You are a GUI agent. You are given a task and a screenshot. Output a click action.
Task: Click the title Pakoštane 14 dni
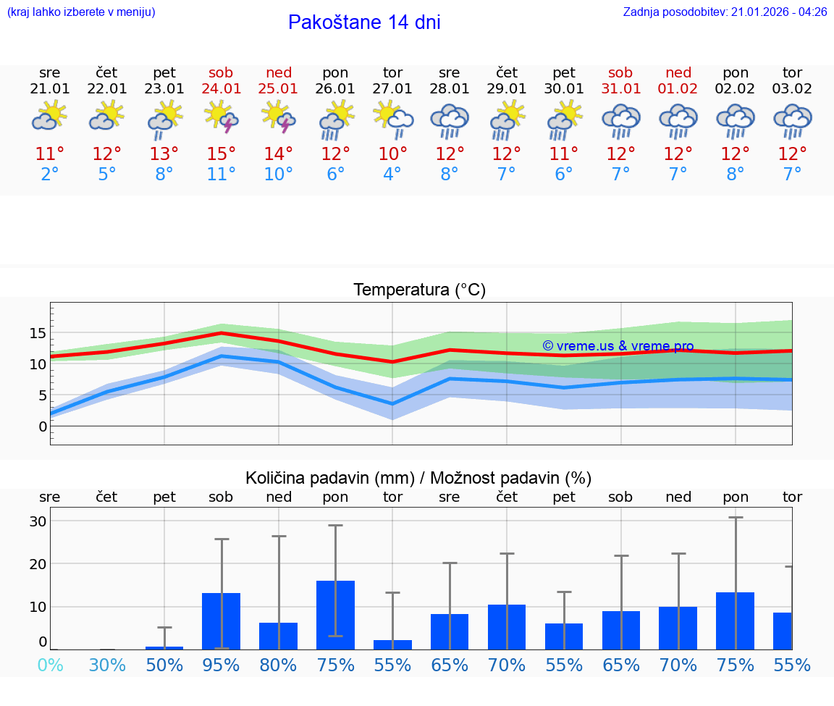click(364, 22)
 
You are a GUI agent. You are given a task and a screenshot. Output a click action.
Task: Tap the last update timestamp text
click(725, 12)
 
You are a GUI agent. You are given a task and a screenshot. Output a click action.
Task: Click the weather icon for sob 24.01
click(222, 117)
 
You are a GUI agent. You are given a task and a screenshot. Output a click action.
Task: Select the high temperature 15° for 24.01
click(222, 154)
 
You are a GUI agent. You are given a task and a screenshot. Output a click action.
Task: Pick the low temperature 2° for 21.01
click(50, 175)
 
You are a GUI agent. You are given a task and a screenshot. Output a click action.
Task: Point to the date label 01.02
click(678, 89)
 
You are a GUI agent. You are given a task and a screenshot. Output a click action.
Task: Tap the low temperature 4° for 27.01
click(392, 175)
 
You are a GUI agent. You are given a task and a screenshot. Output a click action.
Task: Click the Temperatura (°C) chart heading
click(419, 290)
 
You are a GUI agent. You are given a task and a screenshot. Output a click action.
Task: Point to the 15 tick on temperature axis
click(38, 333)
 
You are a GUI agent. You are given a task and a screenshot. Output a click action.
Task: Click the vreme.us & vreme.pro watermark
click(618, 346)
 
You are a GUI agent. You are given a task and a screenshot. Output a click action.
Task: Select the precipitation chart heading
click(418, 478)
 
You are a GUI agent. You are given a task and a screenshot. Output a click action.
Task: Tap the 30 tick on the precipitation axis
click(38, 521)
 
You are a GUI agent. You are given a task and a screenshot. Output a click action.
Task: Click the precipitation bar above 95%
click(221, 621)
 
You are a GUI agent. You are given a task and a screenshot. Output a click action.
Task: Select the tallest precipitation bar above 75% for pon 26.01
click(335, 615)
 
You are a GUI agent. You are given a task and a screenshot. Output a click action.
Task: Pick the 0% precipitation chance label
click(50, 665)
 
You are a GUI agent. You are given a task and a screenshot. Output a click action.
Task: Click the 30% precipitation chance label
click(107, 665)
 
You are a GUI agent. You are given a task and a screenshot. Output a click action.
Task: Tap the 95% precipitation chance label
click(221, 665)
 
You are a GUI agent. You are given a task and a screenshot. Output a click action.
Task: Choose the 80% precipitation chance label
click(278, 665)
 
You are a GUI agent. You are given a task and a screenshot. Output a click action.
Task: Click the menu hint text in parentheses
click(81, 12)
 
